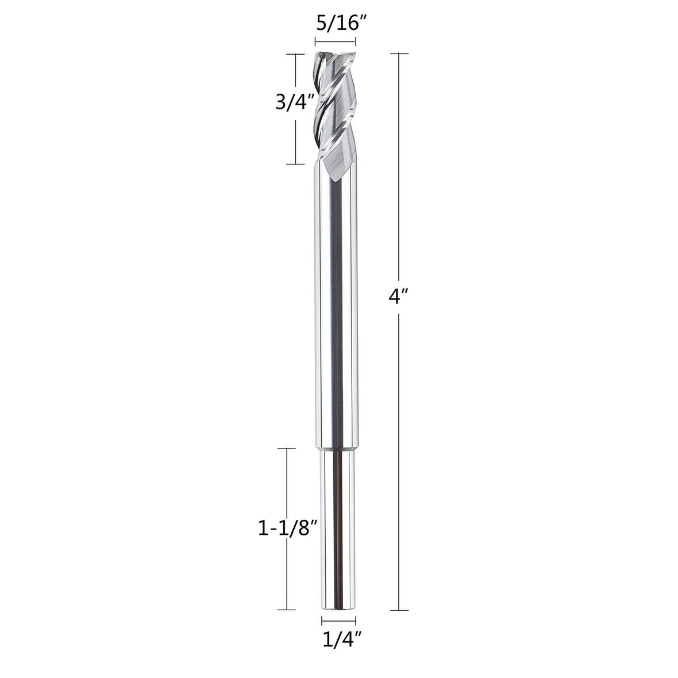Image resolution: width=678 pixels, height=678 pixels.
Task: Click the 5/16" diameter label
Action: click(336, 25)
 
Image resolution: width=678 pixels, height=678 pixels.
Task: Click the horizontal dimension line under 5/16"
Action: click(336, 41)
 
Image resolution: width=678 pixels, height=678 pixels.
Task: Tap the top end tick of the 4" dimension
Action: click(399, 53)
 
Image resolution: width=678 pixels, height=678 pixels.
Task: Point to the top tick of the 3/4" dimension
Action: click(295, 53)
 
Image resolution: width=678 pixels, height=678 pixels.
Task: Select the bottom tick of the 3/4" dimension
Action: click(295, 164)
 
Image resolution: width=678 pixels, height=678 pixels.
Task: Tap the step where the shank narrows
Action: click(336, 449)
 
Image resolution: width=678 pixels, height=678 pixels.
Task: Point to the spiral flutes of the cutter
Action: click(336, 109)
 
